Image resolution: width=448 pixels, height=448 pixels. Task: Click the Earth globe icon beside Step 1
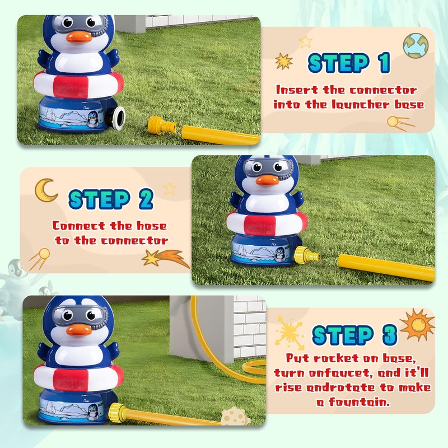click(416, 45)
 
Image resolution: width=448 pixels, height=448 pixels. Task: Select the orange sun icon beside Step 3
click(418, 324)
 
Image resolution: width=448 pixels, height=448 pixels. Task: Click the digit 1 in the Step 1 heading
click(384, 63)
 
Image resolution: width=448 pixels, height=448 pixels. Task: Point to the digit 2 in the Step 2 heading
click(146, 199)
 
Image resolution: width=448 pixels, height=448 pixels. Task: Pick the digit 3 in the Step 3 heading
click(390, 334)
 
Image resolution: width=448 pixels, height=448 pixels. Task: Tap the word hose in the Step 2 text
click(152, 226)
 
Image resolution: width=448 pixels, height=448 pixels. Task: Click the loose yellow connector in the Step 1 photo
click(162, 125)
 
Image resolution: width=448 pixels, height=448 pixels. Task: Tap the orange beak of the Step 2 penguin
click(267, 179)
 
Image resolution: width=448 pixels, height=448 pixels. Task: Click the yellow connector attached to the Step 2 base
click(307, 254)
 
